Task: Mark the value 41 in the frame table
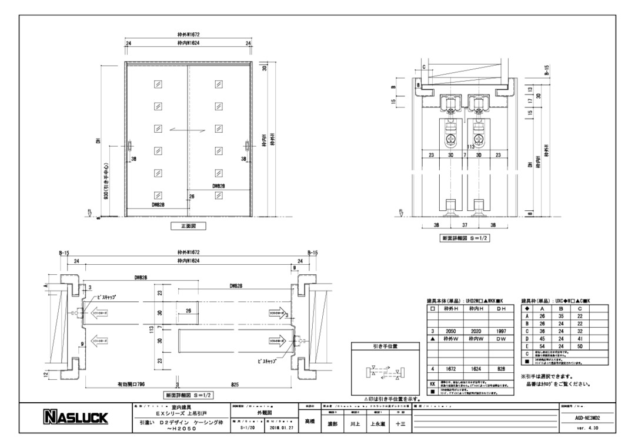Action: click(580, 339)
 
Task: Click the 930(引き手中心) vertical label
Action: click(104, 181)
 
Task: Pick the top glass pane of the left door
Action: click(157, 85)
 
